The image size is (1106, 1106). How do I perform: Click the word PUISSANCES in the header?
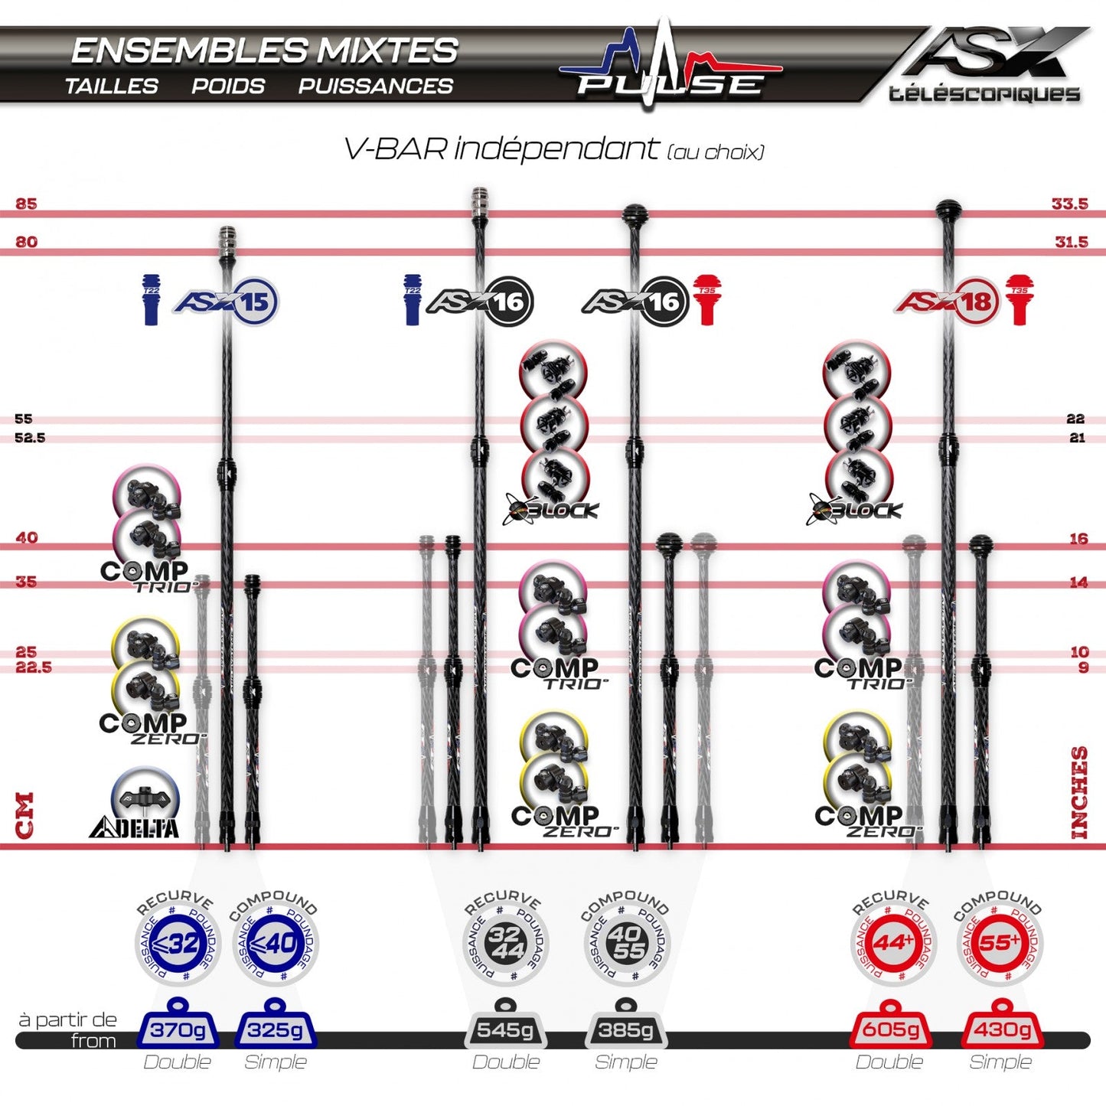pyautogui.click(x=375, y=86)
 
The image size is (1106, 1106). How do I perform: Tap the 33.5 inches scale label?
pyautogui.click(x=1069, y=204)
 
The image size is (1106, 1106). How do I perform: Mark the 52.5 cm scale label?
pyautogui.click(x=30, y=438)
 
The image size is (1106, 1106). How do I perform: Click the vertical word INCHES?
pyautogui.click(x=1079, y=792)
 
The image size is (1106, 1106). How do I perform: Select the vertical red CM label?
pyautogui.click(x=24, y=815)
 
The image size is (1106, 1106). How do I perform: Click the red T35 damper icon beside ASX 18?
pyautogui.click(x=1020, y=300)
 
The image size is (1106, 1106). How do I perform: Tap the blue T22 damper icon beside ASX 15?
pyautogui.click(x=151, y=300)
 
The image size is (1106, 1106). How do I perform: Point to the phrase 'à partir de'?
pyautogui.click(x=67, y=1020)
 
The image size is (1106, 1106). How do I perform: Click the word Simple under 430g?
pyautogui.click(x=1000, y=1062)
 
